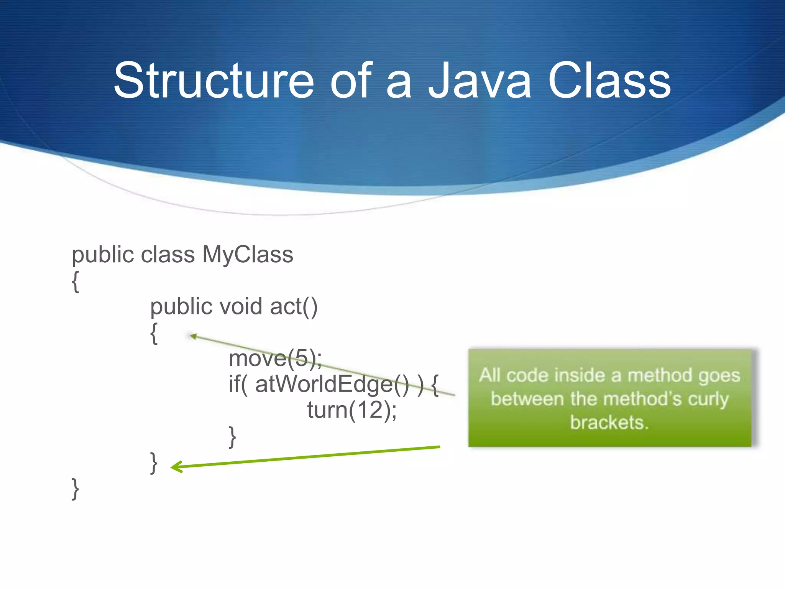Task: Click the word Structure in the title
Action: tap(213, 81)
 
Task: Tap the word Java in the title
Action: tap(480, 81)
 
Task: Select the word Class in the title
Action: tap(609, 81)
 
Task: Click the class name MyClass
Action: tap(248, 255)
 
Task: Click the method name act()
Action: tap(294, 306)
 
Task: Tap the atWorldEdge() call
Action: tap(332, 384)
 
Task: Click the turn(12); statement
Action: tap(352, 410)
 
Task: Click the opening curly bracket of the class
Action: tap(76, 281)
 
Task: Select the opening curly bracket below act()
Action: tap(154, 333)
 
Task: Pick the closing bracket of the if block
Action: tap(232, 436)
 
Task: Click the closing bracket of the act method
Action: tap(154, 462)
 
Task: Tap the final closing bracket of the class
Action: tap(76, 489)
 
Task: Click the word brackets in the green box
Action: tap(609, 422)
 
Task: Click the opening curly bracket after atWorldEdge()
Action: tap(435, 385)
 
